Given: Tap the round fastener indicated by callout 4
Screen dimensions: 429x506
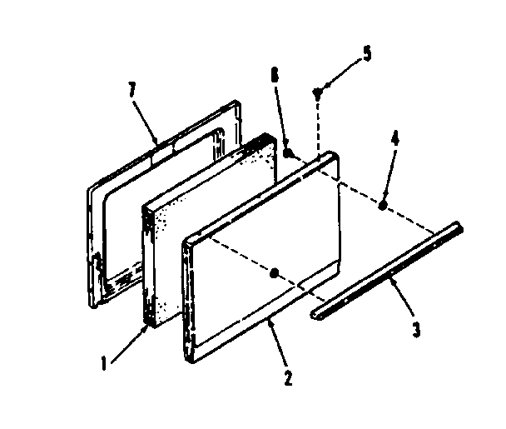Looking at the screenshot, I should click(381, 205).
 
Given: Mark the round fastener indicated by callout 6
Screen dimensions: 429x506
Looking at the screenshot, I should click(288, 153).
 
